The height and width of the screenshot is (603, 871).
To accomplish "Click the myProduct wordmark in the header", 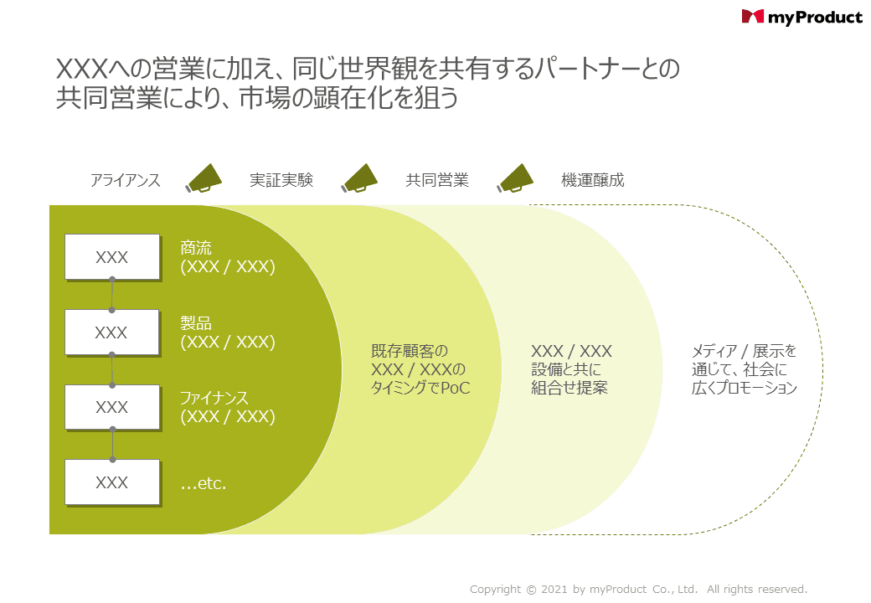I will [815, 17].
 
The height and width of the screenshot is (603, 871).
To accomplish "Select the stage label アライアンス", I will [125, 180].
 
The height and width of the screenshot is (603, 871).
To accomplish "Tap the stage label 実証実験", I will [281, 180].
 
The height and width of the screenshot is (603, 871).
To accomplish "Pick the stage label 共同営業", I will [437, 180].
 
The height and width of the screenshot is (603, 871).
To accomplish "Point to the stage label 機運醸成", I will [593, 180].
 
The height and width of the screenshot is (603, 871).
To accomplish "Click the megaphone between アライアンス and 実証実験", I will [204, 178].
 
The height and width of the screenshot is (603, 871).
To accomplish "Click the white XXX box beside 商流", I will [112, 257].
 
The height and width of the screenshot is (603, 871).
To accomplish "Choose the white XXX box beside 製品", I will [112, 332].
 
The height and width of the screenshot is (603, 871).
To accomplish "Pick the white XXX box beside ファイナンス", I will [112, 407].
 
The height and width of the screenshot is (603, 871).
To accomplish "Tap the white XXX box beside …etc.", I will [112, 482].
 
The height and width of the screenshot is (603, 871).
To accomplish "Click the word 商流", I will [196, 248].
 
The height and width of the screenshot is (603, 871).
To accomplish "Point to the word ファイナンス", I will [214, 398].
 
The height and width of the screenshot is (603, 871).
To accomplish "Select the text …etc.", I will [204, 483].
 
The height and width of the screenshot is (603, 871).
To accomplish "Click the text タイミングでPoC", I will [420, 389].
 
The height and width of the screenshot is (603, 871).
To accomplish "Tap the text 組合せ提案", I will [569, 388].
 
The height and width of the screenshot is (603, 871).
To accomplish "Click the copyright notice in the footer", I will [638, 590].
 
